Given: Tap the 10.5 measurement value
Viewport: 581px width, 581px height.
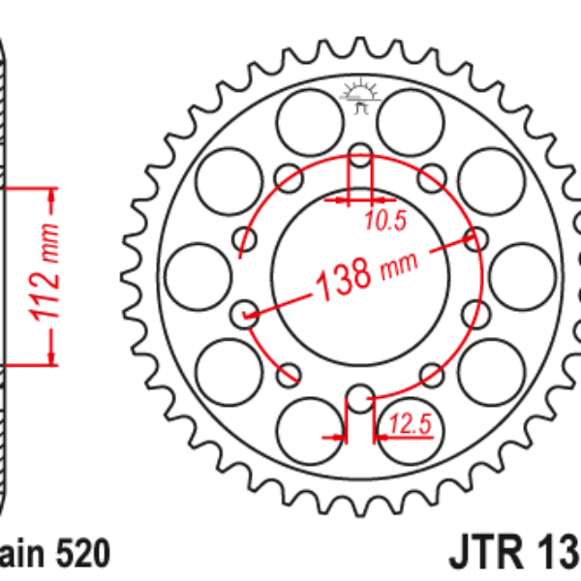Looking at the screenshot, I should point(384,222).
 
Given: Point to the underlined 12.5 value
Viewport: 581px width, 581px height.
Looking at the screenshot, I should point(409,424).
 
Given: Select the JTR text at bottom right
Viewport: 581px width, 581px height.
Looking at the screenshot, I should point(484,555).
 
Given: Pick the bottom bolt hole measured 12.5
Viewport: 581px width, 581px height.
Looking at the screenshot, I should point(360,397).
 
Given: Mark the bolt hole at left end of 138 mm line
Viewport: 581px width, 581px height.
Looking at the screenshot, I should point(246,313).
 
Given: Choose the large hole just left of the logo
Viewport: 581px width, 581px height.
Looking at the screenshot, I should point(307,119).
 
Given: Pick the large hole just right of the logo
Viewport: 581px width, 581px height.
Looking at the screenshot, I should point(410,119).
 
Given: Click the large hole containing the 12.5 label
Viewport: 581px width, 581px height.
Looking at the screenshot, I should point(410,431).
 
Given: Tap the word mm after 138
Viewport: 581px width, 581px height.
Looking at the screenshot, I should point(397,264).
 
